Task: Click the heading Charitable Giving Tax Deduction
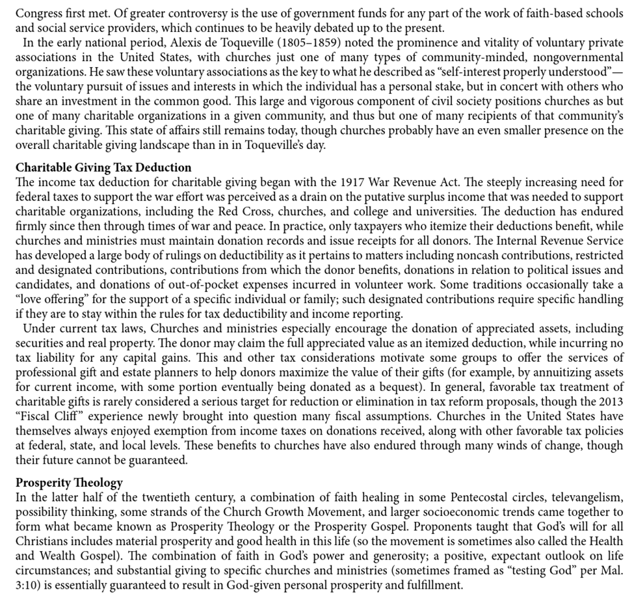[104, 167]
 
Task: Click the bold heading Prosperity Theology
[70, 483]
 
